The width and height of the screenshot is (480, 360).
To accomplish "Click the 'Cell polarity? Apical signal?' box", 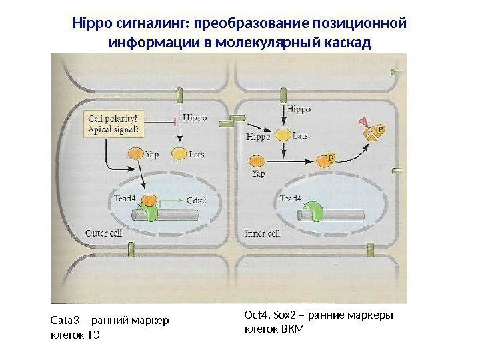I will [112, 124].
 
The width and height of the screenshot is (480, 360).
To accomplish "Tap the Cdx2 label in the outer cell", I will [196, 199].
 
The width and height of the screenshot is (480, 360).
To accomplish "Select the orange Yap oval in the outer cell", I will [135, 153].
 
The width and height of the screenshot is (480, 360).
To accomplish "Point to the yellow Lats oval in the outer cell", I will [179, 154].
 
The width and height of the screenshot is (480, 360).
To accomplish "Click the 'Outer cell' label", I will [104, 233].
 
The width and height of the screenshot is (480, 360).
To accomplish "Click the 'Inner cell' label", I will [263, 233].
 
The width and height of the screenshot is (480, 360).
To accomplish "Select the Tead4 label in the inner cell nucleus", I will [291, 198].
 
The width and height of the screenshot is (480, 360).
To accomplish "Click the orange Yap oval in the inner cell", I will [257, 161].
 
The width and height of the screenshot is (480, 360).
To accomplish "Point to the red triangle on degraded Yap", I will [363, 122].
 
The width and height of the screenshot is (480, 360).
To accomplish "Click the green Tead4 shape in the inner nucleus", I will [313, 212].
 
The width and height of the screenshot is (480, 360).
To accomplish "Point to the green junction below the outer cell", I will [131, 250].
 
